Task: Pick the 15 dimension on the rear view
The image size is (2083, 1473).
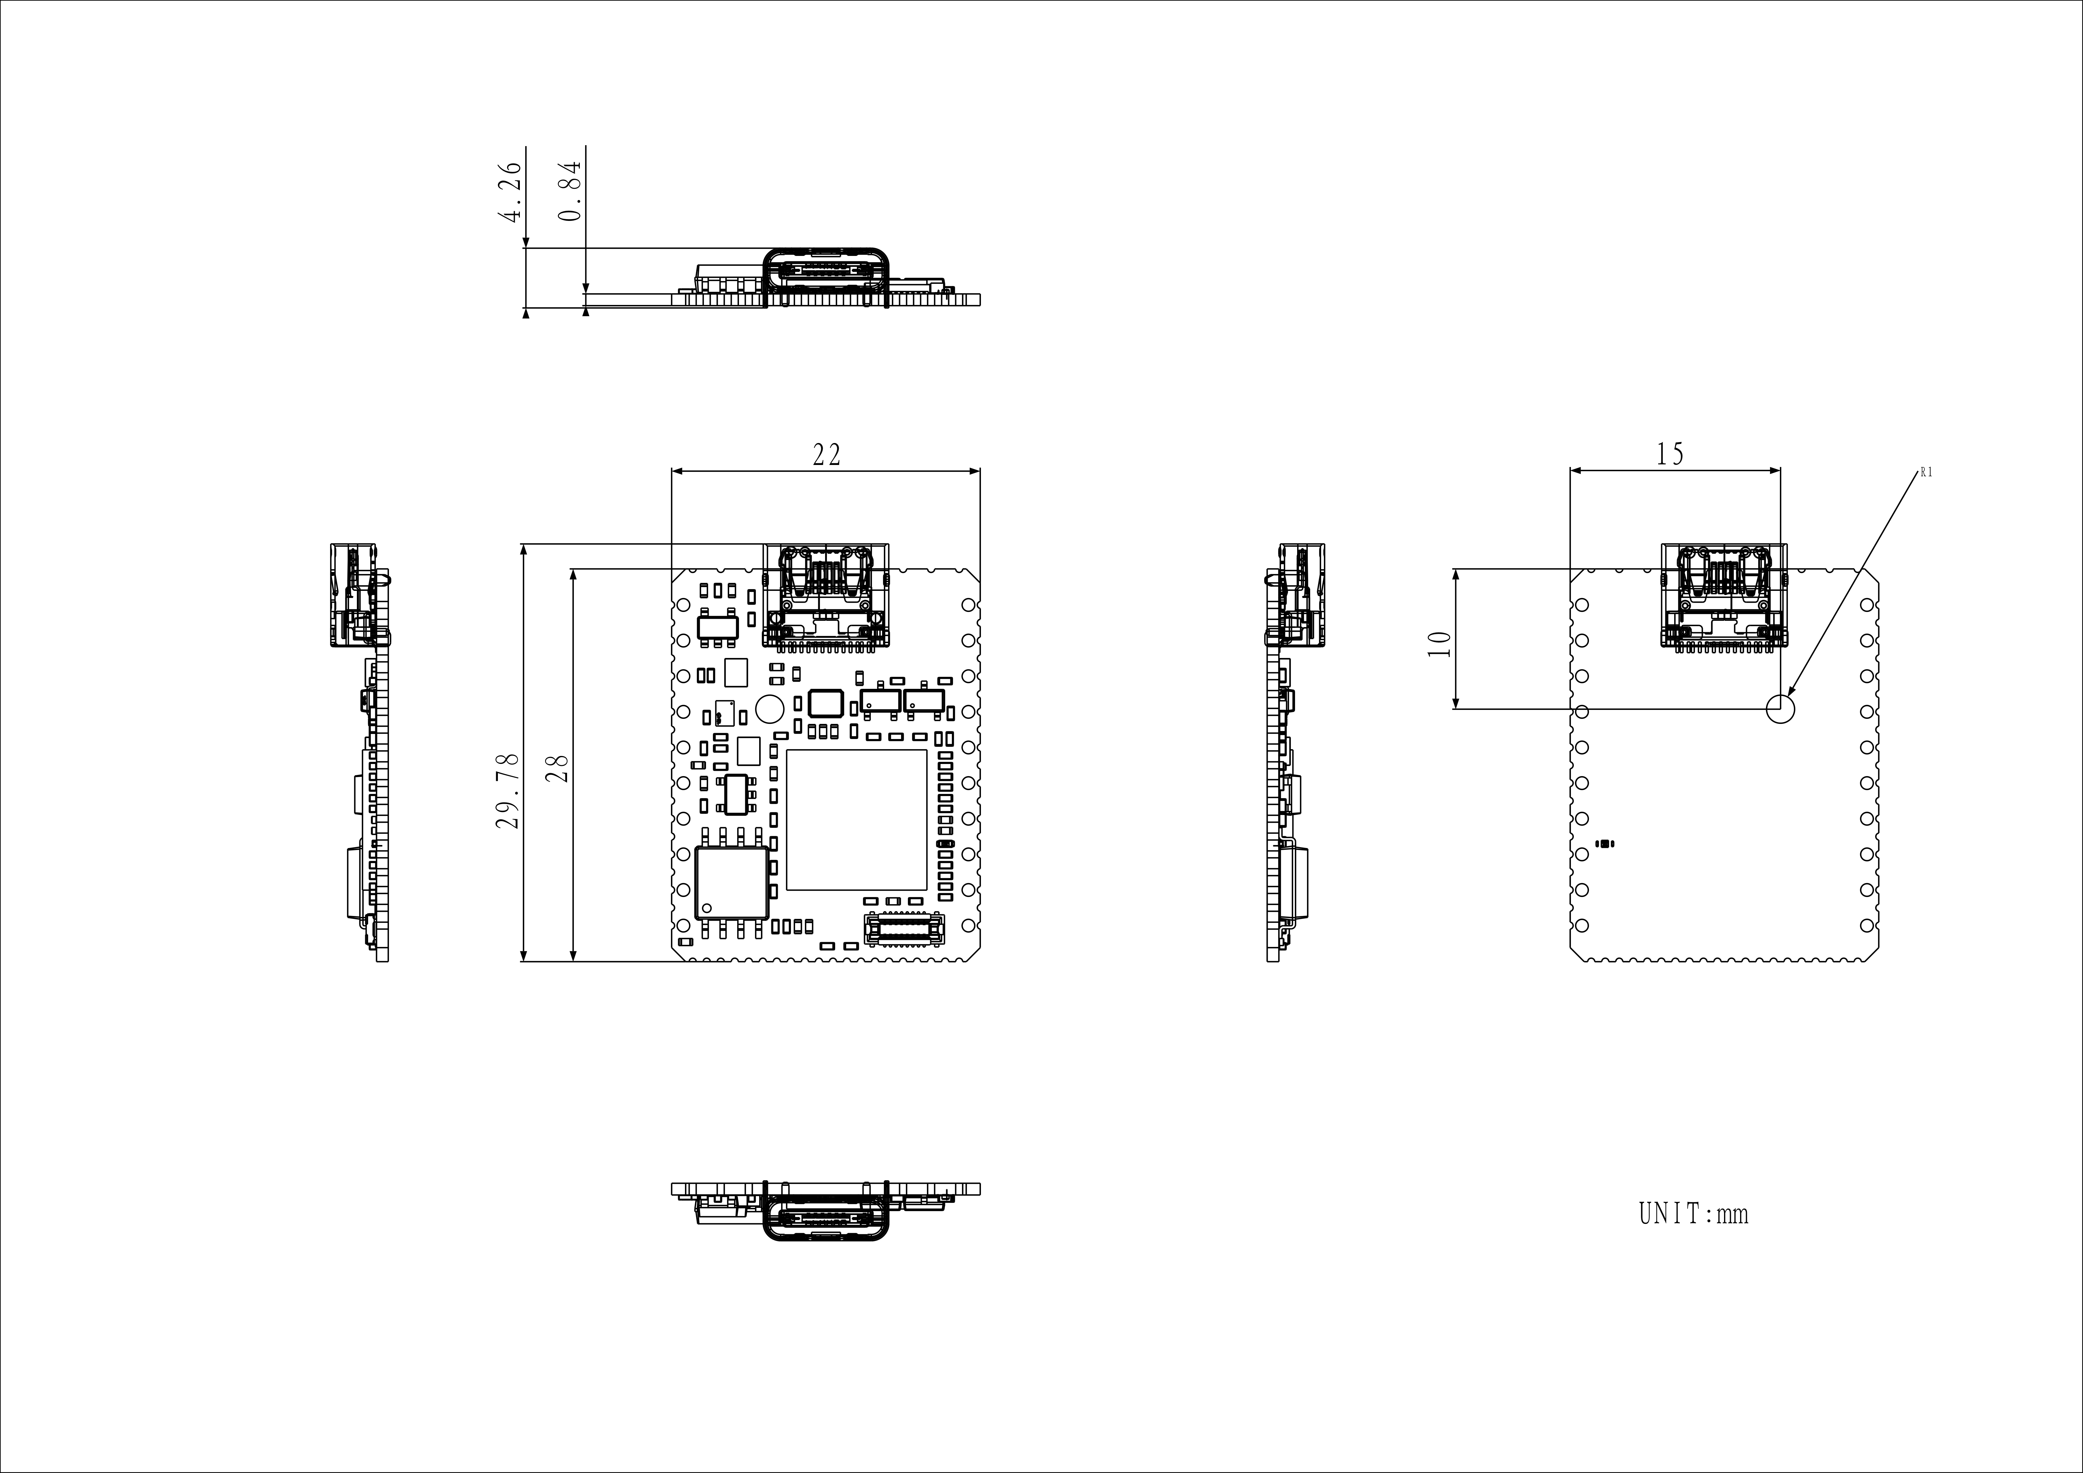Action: pos(1670,454)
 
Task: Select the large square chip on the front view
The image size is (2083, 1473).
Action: pos(857,819)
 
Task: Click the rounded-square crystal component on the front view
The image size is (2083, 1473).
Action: pos(826,703)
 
